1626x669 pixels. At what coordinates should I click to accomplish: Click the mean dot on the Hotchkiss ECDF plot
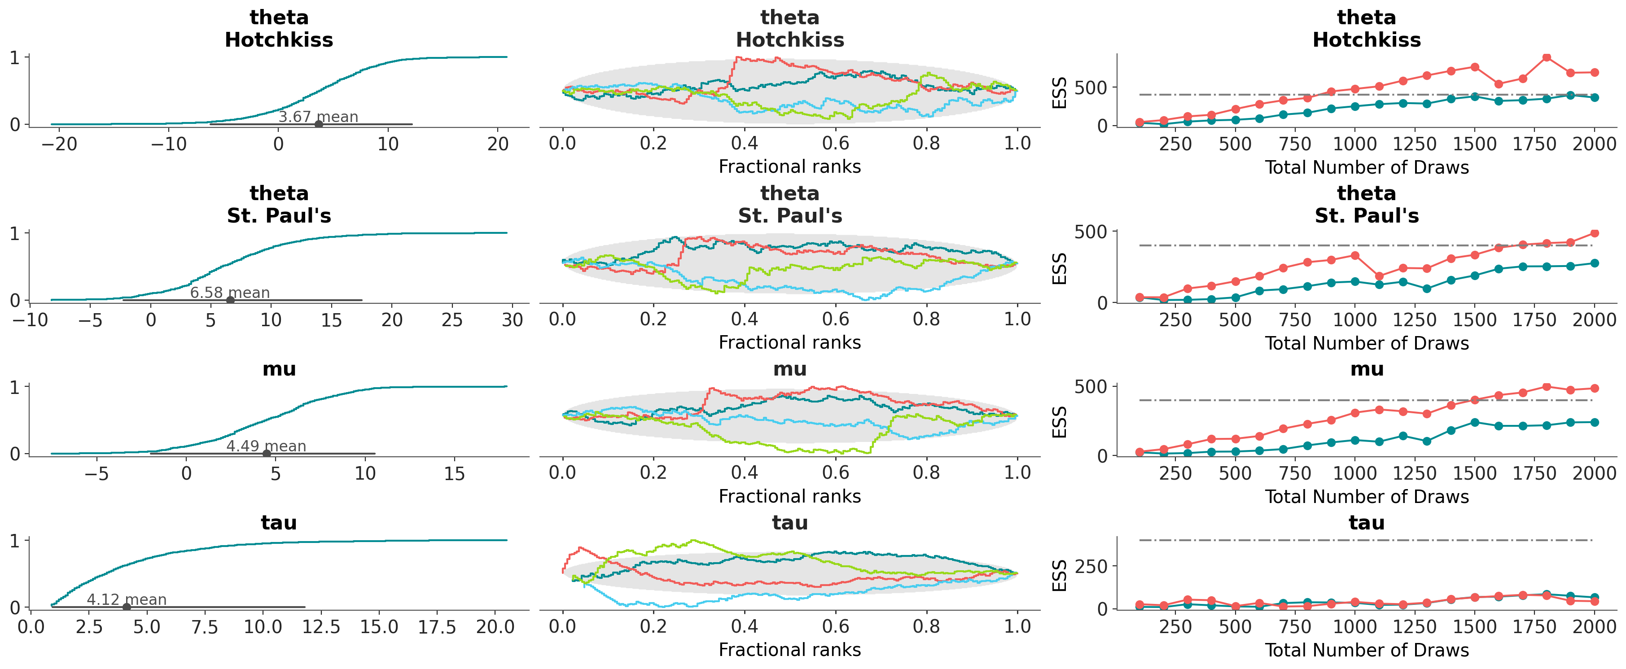pyautogui.click(x=319, y=124)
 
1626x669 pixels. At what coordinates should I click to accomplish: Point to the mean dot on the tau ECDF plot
pyautogui.click(x=126, y=607)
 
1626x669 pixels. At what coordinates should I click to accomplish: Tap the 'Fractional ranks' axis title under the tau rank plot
pyautogui.click(x=789, y=649)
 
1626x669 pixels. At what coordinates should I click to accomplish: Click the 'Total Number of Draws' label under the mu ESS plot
pyautogui.click(x=1367, y=497)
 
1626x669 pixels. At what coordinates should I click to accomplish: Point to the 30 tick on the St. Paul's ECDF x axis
pyautogui.click(x=512, y=320)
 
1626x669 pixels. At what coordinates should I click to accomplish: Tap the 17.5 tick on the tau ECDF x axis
pyautogui.click(x=437, y=627)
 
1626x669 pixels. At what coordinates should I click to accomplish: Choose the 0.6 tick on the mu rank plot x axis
pyautogui.click(x=835, y=473)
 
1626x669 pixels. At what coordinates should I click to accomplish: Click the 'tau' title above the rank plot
pyautogui.click(x=789, y=523)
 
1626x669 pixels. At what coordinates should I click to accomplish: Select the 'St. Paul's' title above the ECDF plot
pyautogui.click(x=279, y=216)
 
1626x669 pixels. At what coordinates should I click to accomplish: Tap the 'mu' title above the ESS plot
pyautogui.click(x=1367, y=369)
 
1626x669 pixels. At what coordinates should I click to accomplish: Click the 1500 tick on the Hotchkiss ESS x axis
pyautogui.click(x=1474, y=144)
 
